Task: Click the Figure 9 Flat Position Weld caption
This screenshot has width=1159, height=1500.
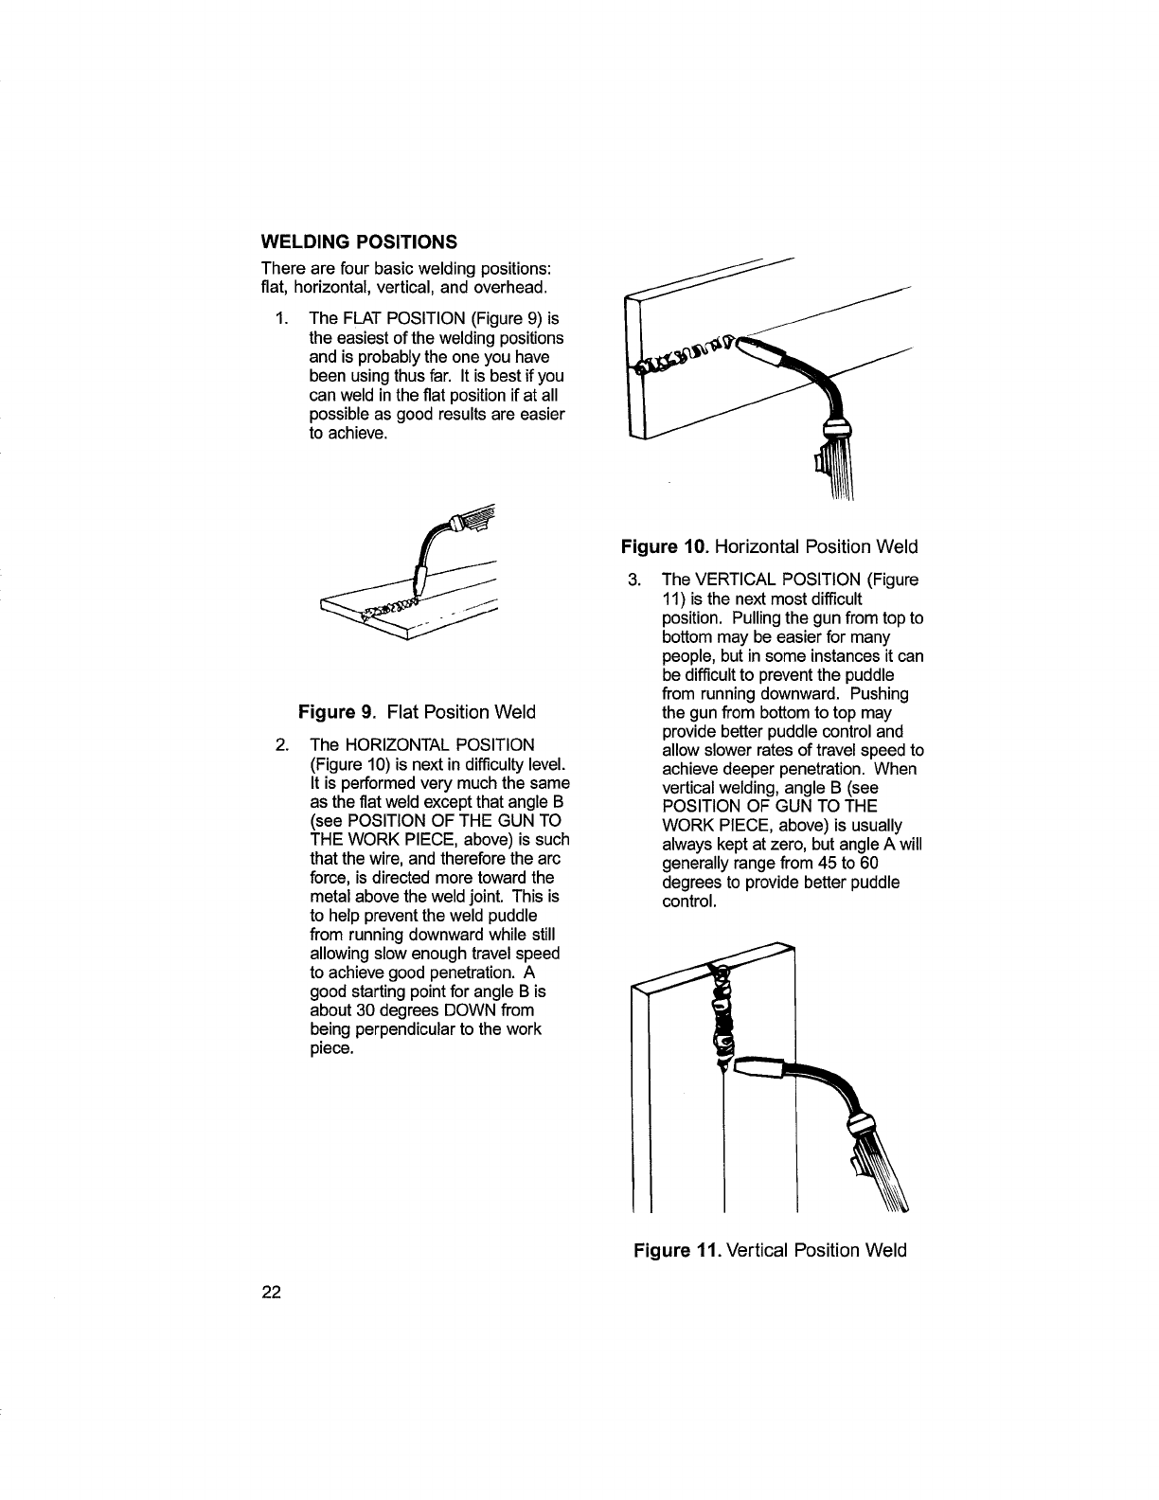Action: [417, 711]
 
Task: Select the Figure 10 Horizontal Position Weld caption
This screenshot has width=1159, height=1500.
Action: [769, 546]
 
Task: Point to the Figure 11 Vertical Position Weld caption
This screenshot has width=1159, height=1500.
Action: [770, 1250]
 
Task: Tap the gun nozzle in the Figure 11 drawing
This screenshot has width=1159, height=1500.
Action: [758, 1071]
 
